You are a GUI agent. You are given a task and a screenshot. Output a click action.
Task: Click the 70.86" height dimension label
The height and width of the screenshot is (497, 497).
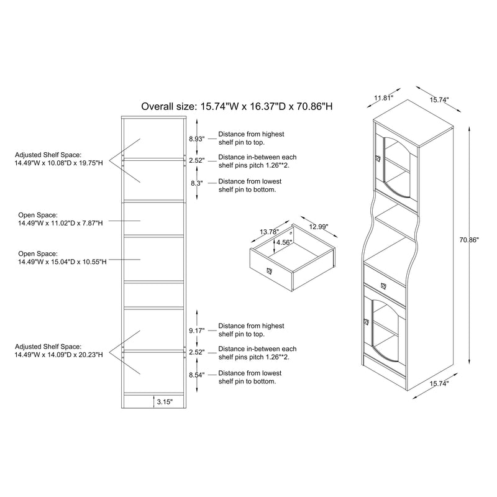tap(469, 239)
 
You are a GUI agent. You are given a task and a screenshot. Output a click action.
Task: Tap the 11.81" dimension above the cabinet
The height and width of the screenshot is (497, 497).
tap(384, 98)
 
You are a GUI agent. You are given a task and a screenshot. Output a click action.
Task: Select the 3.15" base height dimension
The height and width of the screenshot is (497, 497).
tap(165, 402)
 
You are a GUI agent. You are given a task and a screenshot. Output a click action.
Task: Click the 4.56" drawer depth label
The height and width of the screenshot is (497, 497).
tap(284, 243)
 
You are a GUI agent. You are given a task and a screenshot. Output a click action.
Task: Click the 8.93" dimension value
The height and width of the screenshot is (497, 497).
tap(196, 139)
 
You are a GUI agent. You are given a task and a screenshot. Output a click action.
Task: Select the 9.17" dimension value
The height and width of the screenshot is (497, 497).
tap(196, 331)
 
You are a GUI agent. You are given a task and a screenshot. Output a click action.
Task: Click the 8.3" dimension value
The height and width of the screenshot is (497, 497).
tap(196, 183)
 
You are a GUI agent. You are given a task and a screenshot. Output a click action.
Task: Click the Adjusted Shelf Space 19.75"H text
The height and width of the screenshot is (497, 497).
tap(58, 158)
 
